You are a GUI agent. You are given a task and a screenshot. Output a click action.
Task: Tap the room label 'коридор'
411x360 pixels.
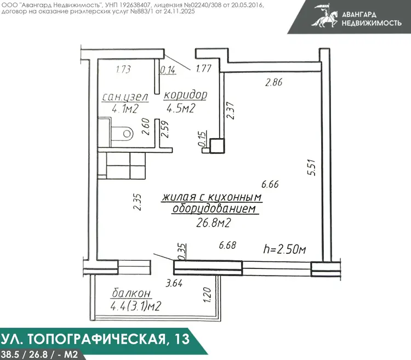pos(185,95)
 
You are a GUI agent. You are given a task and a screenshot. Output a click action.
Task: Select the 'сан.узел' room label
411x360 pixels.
pos(125,97)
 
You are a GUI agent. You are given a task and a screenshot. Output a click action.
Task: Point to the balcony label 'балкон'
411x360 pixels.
pos(132,294)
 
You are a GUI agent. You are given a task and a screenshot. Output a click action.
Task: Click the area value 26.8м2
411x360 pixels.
pos(213,223)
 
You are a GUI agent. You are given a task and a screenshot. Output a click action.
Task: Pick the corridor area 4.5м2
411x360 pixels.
pos(181,108)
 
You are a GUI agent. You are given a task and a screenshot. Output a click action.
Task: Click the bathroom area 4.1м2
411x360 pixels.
pos(125,108)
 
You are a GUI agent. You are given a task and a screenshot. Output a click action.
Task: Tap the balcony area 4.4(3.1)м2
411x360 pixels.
pos(136,306)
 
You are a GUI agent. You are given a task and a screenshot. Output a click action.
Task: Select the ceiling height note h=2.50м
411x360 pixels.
pos(284,249)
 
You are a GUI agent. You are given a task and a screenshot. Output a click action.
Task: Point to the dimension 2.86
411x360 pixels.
pos(273,83)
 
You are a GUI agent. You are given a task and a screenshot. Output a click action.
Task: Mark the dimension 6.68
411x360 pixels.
pos(227,245)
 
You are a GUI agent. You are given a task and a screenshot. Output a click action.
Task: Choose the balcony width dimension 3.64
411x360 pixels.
pos(174,283)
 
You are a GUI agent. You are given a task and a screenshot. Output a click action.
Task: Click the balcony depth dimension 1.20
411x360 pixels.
pos(207,295)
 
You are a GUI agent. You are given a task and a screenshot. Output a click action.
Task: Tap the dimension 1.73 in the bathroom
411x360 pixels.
pos(123,70)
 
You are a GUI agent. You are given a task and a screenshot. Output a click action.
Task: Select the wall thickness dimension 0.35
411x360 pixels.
pos(181,252)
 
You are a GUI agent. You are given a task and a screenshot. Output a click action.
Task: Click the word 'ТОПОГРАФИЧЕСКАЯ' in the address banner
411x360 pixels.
pos(96,339)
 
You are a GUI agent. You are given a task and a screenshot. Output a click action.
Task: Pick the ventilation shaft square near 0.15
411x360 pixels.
pos(217,145)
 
